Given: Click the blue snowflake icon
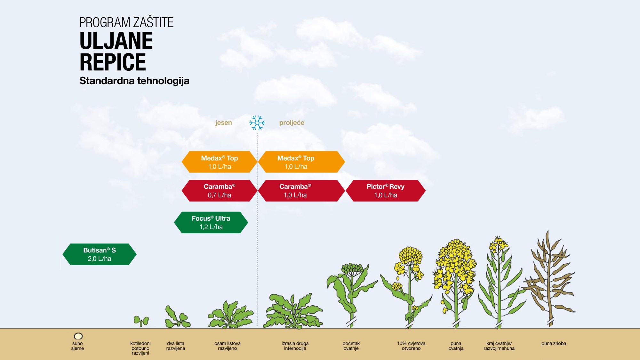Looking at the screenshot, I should click(x=257, y=123).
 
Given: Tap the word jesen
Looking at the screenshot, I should click(x=223, y=123).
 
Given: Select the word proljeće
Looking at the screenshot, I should click(x=292, y=123).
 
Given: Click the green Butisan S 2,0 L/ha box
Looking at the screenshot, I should click(x=100, y=254).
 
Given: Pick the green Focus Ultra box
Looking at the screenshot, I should click(x=211, y=222).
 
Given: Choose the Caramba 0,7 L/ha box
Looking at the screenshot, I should click(x=220, y=191).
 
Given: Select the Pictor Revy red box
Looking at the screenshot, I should click(x=386, y=191).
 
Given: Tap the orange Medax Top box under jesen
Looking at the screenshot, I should click(x=220, y=162).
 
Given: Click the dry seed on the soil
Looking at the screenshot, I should click(x=78, y=336).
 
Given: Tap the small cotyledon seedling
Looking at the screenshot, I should click(x=141, y=321).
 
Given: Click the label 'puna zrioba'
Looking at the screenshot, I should click(x=554, y=343).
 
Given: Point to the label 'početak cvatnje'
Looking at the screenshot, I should click(x=351, y=346).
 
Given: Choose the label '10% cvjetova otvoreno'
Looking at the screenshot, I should click(x=411, y=346).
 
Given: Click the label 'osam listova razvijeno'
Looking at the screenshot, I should click(x=228, y=346).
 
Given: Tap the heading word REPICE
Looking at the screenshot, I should click(x=113, y=62).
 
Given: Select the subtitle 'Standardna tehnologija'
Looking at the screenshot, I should click(x=134, y=81).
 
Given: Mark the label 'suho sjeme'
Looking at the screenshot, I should click(x=77, y=346).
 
